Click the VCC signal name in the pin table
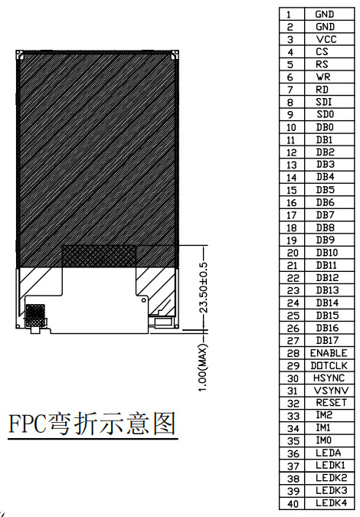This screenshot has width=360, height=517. coord(326,39)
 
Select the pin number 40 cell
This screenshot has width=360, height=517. coord(293,504)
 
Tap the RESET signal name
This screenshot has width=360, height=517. coord(331,403)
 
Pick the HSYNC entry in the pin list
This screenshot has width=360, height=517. coord(329,378)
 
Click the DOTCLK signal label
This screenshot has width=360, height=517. coord(329,365)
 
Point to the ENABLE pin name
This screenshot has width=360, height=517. coord(329,353)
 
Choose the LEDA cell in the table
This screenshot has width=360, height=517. coord(328,453)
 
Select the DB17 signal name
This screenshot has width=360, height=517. coord(327,340)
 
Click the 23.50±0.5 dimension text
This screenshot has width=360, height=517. coord(204,287)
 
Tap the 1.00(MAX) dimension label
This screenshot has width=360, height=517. coord(204,368)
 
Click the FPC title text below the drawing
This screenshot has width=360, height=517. coord(92,424)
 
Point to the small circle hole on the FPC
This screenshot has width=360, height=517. coord(143,300)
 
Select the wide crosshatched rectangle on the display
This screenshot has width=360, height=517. coord(100,256)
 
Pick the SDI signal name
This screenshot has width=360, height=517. coord(324,102)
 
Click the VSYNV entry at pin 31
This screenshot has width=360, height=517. coord(331,391)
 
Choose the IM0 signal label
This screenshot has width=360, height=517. coord(324,440)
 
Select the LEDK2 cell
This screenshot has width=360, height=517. coord(332,478)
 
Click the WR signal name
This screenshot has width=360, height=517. coord(323,77)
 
